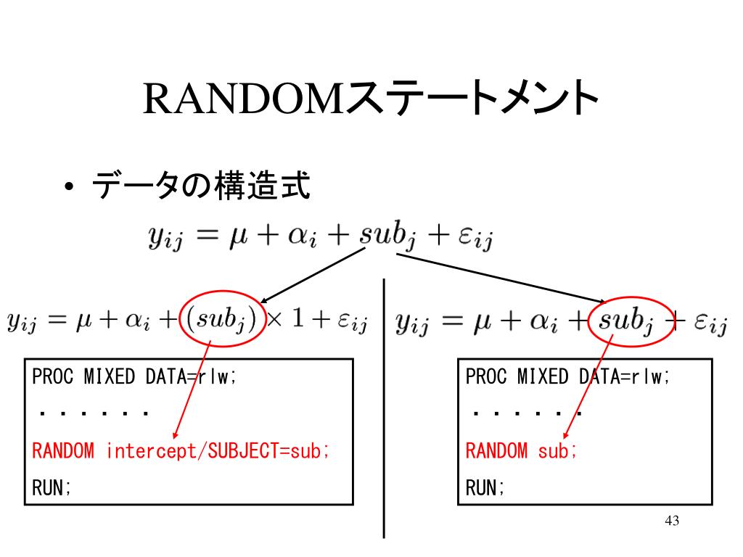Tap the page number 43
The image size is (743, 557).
click(x=671, y=521)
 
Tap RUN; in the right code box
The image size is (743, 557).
click(x=485, y=488)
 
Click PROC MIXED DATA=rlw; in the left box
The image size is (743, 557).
click(x=135, y=377)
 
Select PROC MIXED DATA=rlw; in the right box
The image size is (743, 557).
click(x=567, y=377)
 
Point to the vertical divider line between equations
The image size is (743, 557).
click(x=383, y=406)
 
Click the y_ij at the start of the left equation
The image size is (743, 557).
click(x=22, y=322)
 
